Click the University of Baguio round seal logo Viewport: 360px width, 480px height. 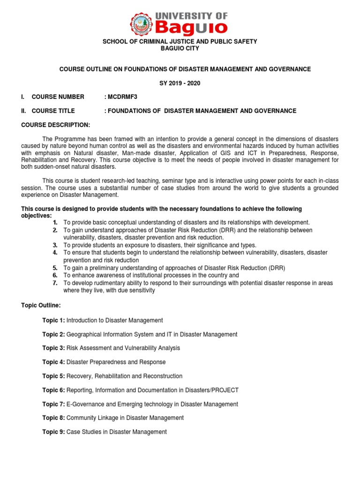coord(142,23)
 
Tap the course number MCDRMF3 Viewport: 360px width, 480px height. coord(122,97)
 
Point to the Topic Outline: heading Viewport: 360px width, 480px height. coord(41,305)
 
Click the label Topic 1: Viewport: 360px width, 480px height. coord(53,320)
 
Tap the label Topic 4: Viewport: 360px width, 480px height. coord(53,362)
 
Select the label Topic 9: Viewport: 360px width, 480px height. coord(53,432)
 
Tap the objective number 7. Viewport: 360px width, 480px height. coord(55,283)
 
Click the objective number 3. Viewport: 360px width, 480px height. coord(55,245)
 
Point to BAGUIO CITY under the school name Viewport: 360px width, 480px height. coord(180,48)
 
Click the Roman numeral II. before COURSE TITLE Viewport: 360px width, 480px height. coord(24,111)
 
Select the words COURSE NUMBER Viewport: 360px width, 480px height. coord(58,97)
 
